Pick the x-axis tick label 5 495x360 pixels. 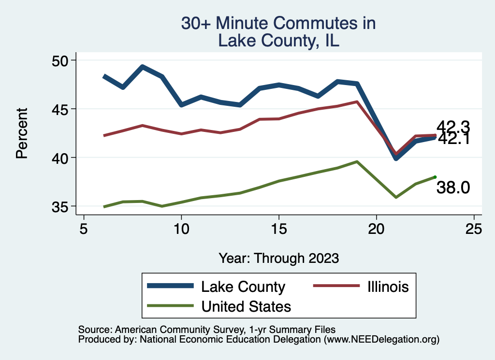coord(84,229)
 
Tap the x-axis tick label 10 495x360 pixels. coord(181,229)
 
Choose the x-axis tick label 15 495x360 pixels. coord(279,229)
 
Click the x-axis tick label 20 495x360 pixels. coord(376,229)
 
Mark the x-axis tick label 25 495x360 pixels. coord(474,229)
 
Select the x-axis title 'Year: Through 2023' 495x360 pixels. coord(278,258)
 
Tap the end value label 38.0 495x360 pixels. coord(453,188)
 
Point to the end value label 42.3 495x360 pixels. coord(453,127)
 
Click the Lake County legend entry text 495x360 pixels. coord(243,287)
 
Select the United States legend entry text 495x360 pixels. coord(246,306)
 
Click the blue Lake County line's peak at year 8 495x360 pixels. coord(143,67)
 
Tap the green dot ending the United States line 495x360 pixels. coord(435,177)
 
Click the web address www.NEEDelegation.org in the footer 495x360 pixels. coord(381,339)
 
